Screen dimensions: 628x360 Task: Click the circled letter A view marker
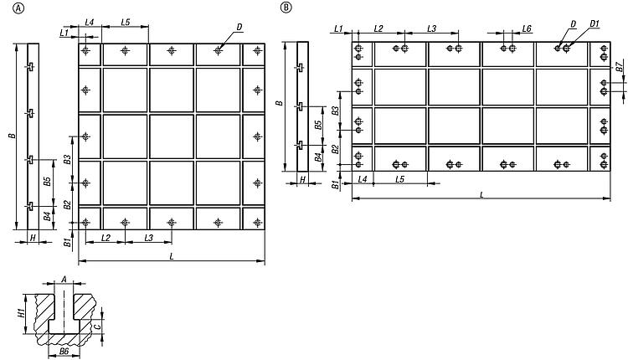pyautogui.click(x=18, y=8)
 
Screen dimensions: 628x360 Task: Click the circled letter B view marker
pyautogui.click(x=286, y=8)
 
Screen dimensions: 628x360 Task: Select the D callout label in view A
pyautogui.click(x=239, y=28)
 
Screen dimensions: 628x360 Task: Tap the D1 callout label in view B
pyautogui.click(x=595, y=24)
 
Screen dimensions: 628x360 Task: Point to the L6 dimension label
pyautogui.click(x=527, y=28)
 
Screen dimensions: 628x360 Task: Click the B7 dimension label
pyautogui.click(x=619, y=66)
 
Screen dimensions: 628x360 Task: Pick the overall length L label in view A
pyautogui.click(x=172, y=256)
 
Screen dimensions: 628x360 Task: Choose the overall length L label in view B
pyautogui.click(x=481, y=194)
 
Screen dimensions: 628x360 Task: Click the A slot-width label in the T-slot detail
pyautogui.click(x=64, y=279)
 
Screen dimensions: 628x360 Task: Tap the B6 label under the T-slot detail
pyautogui.click(x=64, y=351)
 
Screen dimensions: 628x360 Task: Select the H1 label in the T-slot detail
pyautogui.click(x=22, y=311)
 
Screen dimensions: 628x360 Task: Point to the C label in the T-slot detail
pyautogui.click(x=96, y=327)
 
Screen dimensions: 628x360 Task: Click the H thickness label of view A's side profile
pyautogui.click(x=33, y=238)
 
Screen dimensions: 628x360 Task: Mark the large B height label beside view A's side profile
pyautogui.click(x=13, y=136)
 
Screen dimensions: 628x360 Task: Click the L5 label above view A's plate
pyautogui.click(x=126, y=22)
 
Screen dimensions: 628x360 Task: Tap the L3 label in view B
pyautogui.click(x=431, y=28)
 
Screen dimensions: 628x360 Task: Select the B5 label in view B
pyautogui.click(x=318, y=125)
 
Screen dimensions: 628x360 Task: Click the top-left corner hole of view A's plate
pyautogui.click(x=85, y=50)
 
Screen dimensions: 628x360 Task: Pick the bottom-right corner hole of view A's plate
pyautogui.click(x=258, y=222)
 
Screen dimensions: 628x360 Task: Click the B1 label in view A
pyautogui.click(x=68, y=242)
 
